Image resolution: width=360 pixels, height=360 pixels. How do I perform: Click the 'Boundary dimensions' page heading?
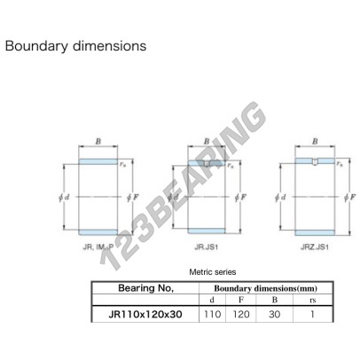[x=75, y=46]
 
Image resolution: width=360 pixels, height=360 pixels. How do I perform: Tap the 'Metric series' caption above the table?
[x=213, y=272]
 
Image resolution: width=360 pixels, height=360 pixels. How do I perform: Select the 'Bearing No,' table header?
[x=145, y=288]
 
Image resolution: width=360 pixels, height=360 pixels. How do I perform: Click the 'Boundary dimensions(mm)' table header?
[x=265, y=288]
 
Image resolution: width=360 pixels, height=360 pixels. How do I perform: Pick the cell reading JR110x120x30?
[x=145, y=314]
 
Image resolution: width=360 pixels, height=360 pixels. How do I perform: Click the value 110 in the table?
[x=212, y=314]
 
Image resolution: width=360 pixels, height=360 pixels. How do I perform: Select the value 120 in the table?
[x=241, y=314]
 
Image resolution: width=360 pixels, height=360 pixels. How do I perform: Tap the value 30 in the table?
[x=275, y=314]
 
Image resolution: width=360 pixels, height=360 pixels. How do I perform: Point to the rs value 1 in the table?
[x=313, y=314]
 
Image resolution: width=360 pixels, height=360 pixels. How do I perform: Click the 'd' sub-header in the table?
[x=212, y=300]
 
